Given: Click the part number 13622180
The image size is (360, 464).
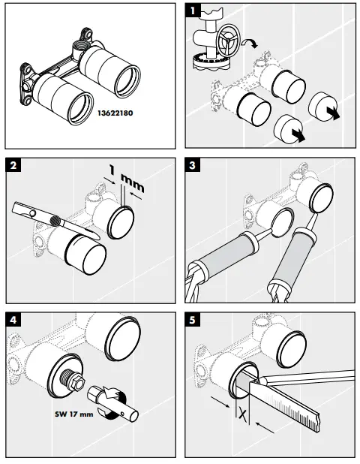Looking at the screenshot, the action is [x=115, y=113].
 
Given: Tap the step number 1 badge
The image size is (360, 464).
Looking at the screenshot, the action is [x=193, y=11].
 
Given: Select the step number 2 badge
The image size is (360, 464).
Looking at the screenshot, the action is [x=13, y=165].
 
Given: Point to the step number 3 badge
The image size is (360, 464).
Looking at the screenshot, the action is [x=193, y=165].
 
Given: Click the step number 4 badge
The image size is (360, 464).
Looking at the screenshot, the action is [x=13, y=320].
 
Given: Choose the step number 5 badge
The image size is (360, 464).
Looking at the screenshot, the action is [x=193, y=320].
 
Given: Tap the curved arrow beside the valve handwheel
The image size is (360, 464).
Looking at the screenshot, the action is [x=250, y=44].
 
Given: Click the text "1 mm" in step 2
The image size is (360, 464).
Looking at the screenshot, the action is [x=126, y=178].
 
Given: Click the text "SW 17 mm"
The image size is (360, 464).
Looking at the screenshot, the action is [x=74, y=414].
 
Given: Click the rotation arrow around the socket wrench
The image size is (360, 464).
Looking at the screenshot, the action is [x=112, y=403].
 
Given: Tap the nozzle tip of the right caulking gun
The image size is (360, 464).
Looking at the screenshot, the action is [x=316, y=214].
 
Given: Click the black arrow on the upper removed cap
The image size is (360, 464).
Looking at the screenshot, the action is [x=334, y=113].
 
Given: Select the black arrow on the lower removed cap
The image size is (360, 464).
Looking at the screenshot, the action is [x=298, y=135].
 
